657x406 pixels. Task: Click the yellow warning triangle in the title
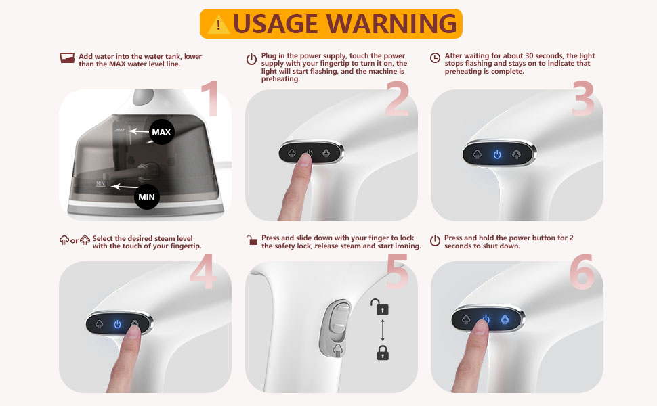[x=218, y=24]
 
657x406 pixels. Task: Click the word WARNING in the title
[x=391, y=24]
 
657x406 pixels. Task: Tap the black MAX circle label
[x=161, y=132]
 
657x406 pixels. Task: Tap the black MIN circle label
[x=146, y=197]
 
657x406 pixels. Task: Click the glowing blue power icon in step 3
[x=497, y=154]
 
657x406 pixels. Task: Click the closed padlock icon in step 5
[x=383, y=352]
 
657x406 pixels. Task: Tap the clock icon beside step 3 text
[x=436, y=58]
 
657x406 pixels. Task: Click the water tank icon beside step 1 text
[x=66, y=58]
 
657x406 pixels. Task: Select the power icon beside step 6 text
[x=436, y=240]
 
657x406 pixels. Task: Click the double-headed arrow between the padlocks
[x=383, y=330]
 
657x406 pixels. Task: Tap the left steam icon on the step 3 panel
[x=477, y=154]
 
